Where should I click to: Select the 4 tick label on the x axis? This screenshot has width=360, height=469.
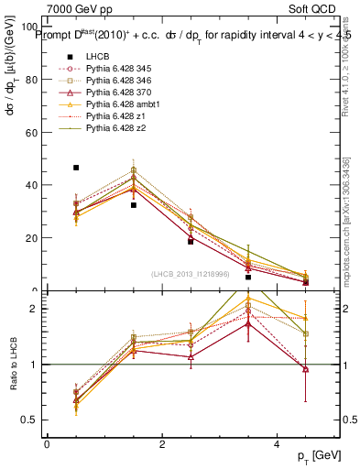(x=277, y=444)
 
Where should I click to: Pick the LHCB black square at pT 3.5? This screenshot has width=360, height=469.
(x=248, y=277)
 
